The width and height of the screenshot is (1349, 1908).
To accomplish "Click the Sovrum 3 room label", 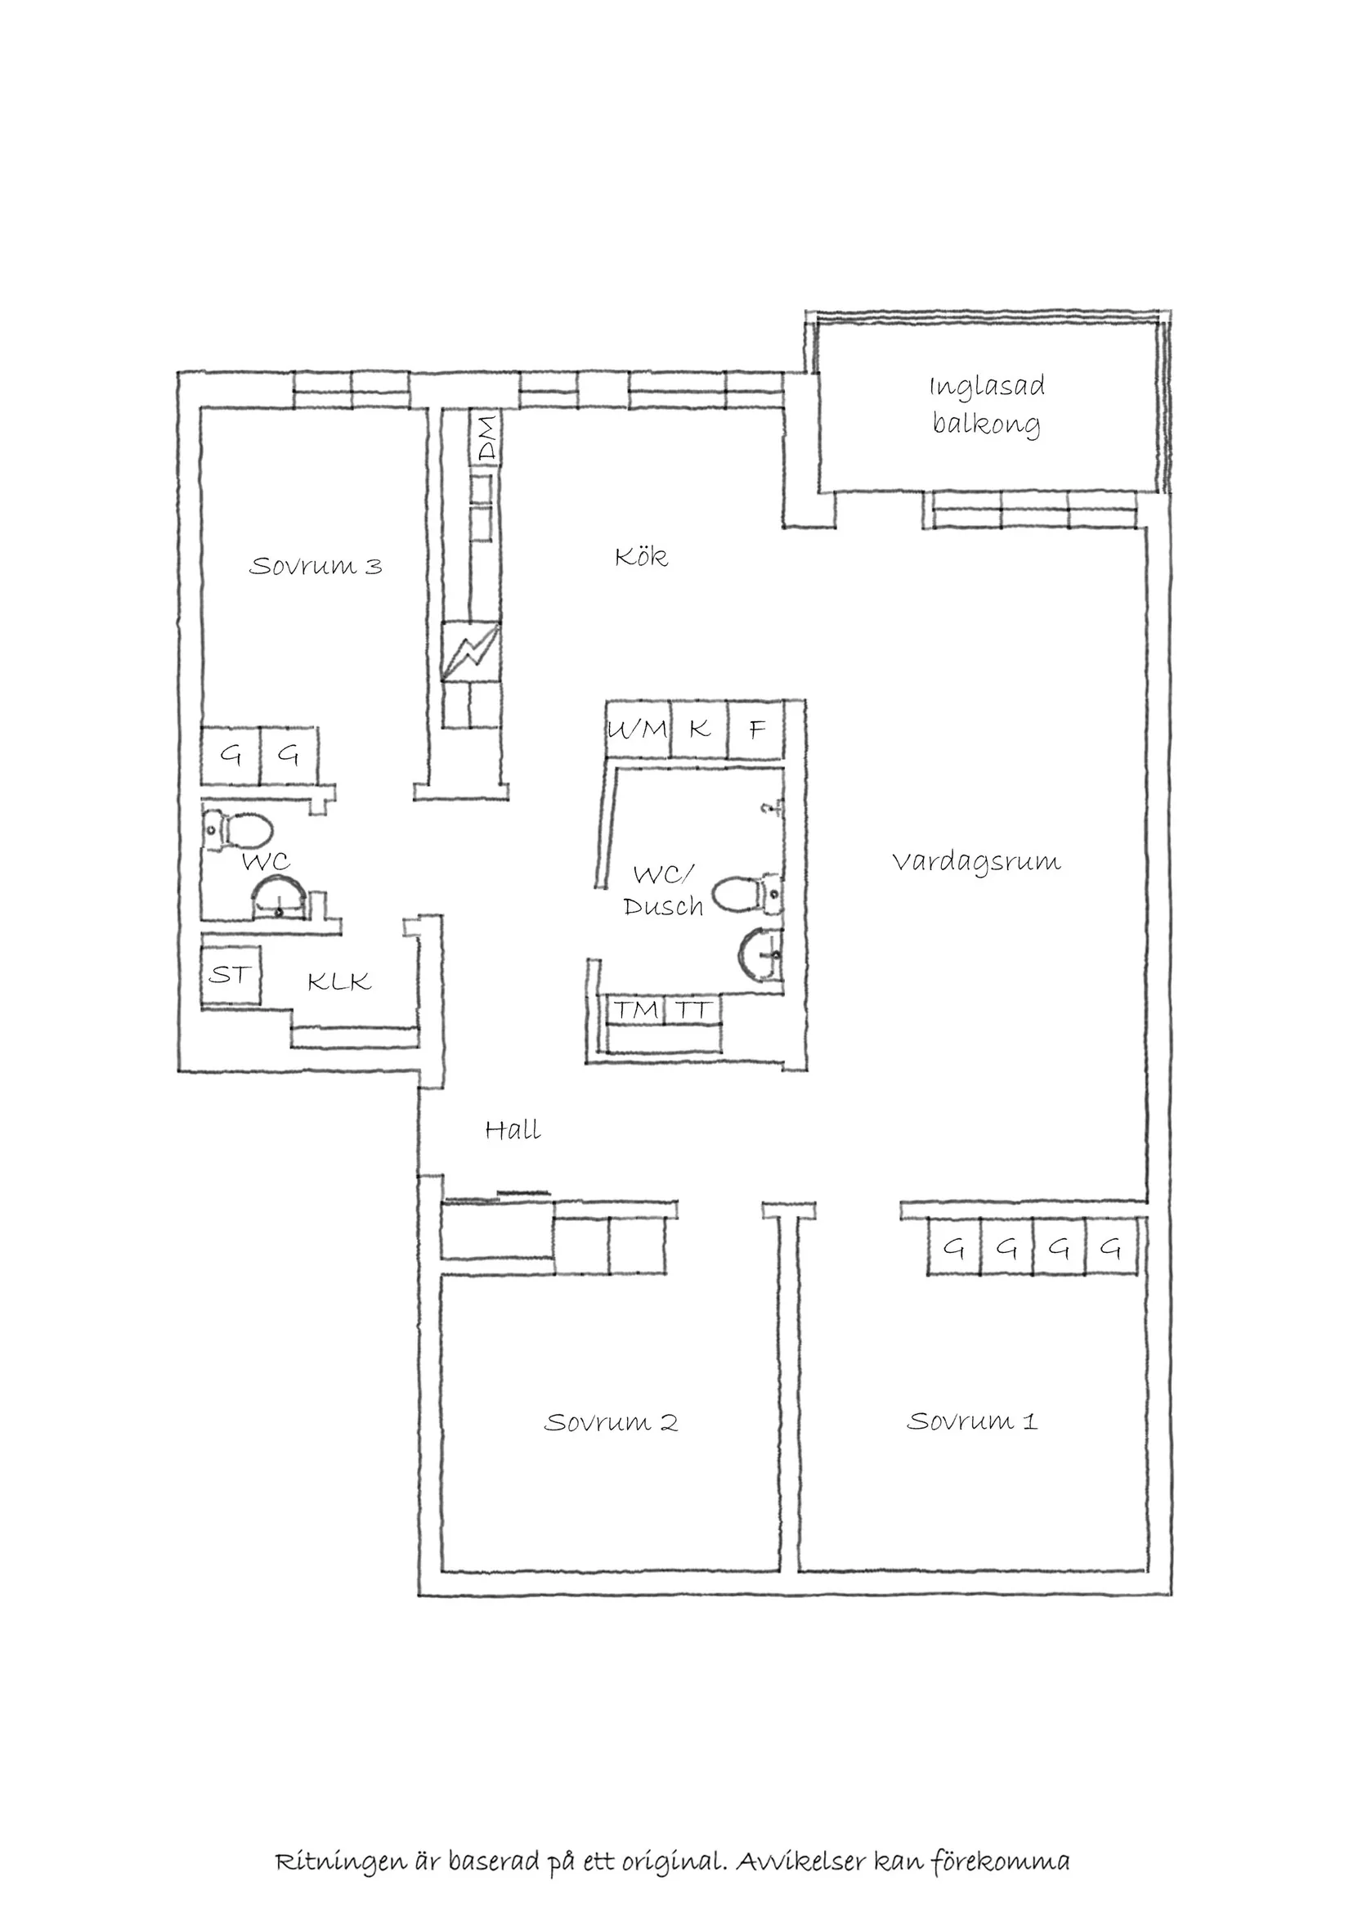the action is [316, 566].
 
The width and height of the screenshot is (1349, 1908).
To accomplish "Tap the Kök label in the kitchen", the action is [641, 556].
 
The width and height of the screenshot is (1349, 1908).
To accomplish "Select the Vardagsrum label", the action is [977, 862].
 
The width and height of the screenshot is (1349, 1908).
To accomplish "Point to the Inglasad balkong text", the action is [987, 406].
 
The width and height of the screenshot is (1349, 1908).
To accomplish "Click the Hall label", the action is [513, 1129].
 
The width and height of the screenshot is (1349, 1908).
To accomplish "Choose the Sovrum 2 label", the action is [612, 1422].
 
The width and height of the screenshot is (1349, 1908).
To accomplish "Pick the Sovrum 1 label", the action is [972, 1421].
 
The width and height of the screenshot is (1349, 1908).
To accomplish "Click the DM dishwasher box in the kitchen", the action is [486, 439].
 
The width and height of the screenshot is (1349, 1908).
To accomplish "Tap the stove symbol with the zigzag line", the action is [471, 653].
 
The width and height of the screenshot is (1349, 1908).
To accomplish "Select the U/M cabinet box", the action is [638, 730].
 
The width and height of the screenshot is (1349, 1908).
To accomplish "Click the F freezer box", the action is [755, 730].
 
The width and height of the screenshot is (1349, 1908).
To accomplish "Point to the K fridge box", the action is [699, 730].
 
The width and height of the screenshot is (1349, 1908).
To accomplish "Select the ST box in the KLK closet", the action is [230, 974].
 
